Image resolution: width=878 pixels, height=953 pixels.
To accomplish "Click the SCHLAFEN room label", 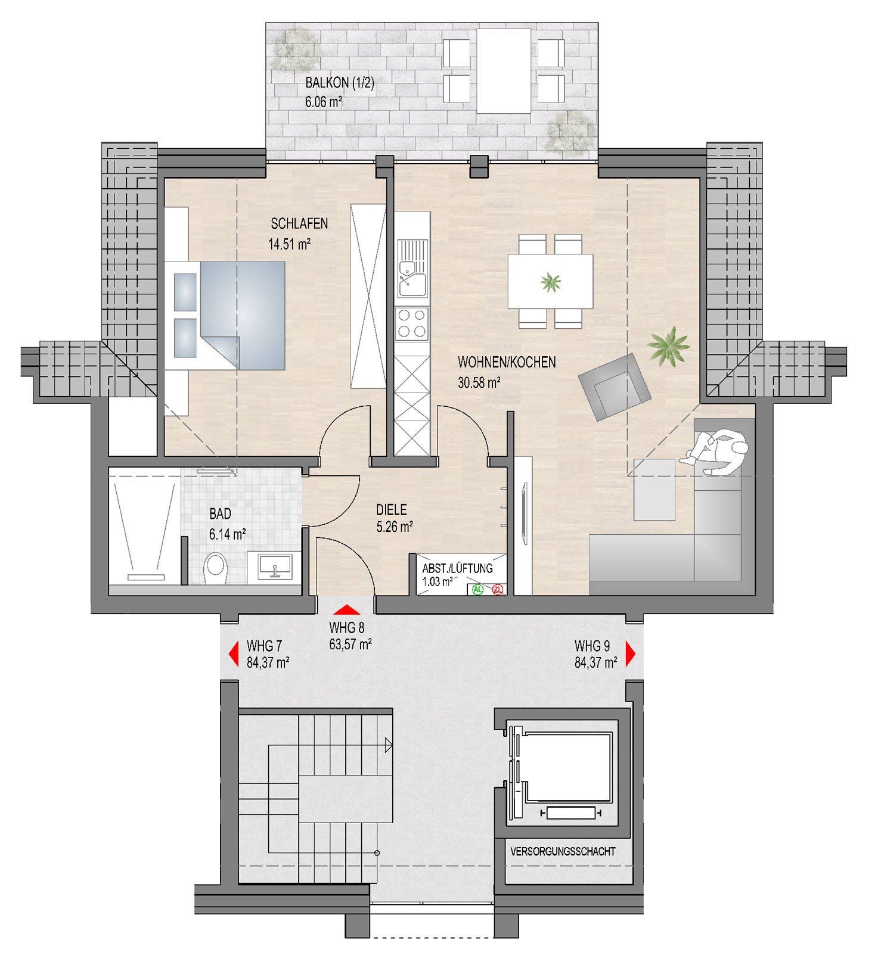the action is point(299,224).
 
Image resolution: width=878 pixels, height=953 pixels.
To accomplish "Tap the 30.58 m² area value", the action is point(479,383).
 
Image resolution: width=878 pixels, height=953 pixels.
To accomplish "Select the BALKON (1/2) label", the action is point(340,83).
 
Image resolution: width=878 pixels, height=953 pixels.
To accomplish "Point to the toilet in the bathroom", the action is point(216,569).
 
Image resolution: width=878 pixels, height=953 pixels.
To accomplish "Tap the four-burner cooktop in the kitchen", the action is point(412,324).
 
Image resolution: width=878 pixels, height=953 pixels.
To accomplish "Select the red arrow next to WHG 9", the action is point(631,654).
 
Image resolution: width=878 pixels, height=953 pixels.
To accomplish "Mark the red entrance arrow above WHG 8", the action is point(346,610).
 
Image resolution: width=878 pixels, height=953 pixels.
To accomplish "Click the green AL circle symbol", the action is point(477,590).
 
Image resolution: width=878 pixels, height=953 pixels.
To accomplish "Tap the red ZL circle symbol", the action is point(498,590).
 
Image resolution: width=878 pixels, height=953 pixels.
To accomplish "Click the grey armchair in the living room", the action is point(614,387).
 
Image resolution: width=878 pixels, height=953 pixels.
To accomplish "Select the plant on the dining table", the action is point(551,282).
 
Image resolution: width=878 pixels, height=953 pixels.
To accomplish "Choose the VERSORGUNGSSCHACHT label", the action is point(563,852).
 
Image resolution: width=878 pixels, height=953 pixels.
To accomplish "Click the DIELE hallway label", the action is point(392,510).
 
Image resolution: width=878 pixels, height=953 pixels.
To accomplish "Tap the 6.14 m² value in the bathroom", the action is point(227,534).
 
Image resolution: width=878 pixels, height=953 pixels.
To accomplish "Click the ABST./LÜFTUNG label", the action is point(458,568).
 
